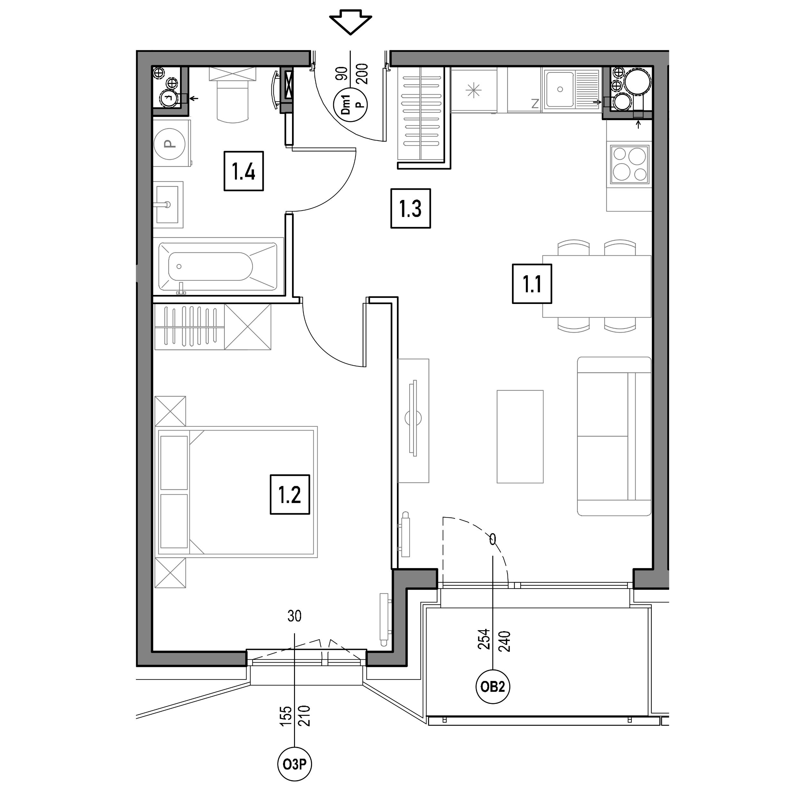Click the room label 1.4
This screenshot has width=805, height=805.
click(244, 171)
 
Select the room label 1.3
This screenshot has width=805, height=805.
click(411, 208)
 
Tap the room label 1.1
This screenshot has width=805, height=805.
click(532, 284)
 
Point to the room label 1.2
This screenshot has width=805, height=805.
click(290, 494)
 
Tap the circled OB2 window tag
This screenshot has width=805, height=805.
click(493, 686)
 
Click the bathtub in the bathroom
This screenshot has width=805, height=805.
click(218, 267)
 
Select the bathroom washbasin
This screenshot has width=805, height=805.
click(168, 204)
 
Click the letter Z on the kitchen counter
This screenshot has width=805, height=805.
click(535, 103)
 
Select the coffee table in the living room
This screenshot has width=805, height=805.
click(520, 437)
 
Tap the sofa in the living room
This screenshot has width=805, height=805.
click(614, 436)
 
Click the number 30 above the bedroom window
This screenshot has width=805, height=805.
click(295, 616)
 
